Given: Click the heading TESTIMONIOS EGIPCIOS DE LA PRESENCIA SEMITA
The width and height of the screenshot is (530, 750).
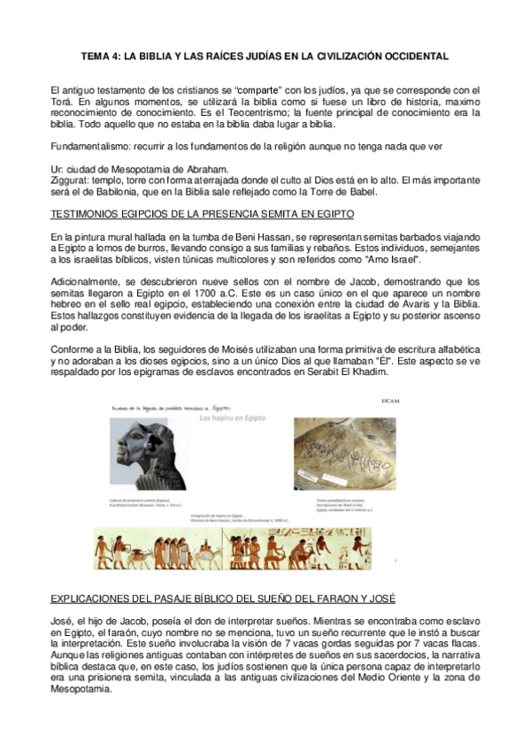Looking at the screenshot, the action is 203,215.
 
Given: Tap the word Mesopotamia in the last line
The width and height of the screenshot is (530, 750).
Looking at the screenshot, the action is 82,690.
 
